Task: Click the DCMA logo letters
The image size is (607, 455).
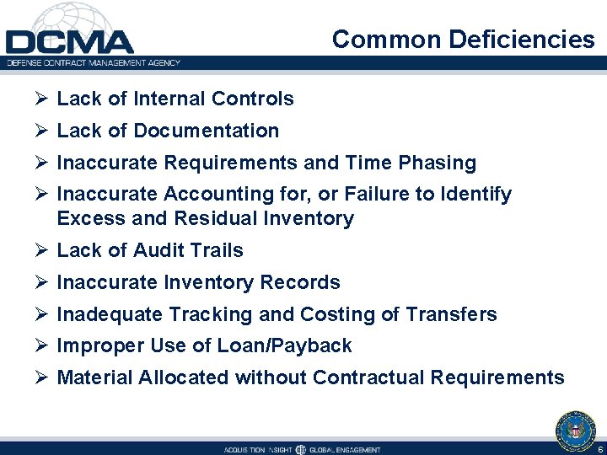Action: (69, 42)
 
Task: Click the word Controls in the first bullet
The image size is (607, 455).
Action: (253, 99)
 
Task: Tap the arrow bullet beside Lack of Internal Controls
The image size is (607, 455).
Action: (40, 99)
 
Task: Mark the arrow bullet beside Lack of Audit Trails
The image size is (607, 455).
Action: (40, 251)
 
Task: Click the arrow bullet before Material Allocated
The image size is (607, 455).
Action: (40, 378)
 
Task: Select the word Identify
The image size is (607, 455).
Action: (476, 195)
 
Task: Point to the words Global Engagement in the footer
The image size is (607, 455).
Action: (346, 449)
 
